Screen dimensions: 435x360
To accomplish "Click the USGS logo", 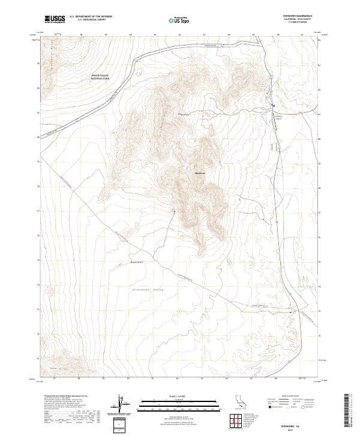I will (x=55, y=20).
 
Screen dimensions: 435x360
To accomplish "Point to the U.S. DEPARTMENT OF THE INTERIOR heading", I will (x=91, y=17).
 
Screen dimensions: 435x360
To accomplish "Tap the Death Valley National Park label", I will (x=100, y=76).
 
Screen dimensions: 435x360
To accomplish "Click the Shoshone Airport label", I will (x=278, y=117).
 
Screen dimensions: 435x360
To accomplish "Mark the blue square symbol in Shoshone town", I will (x=271, y=109).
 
